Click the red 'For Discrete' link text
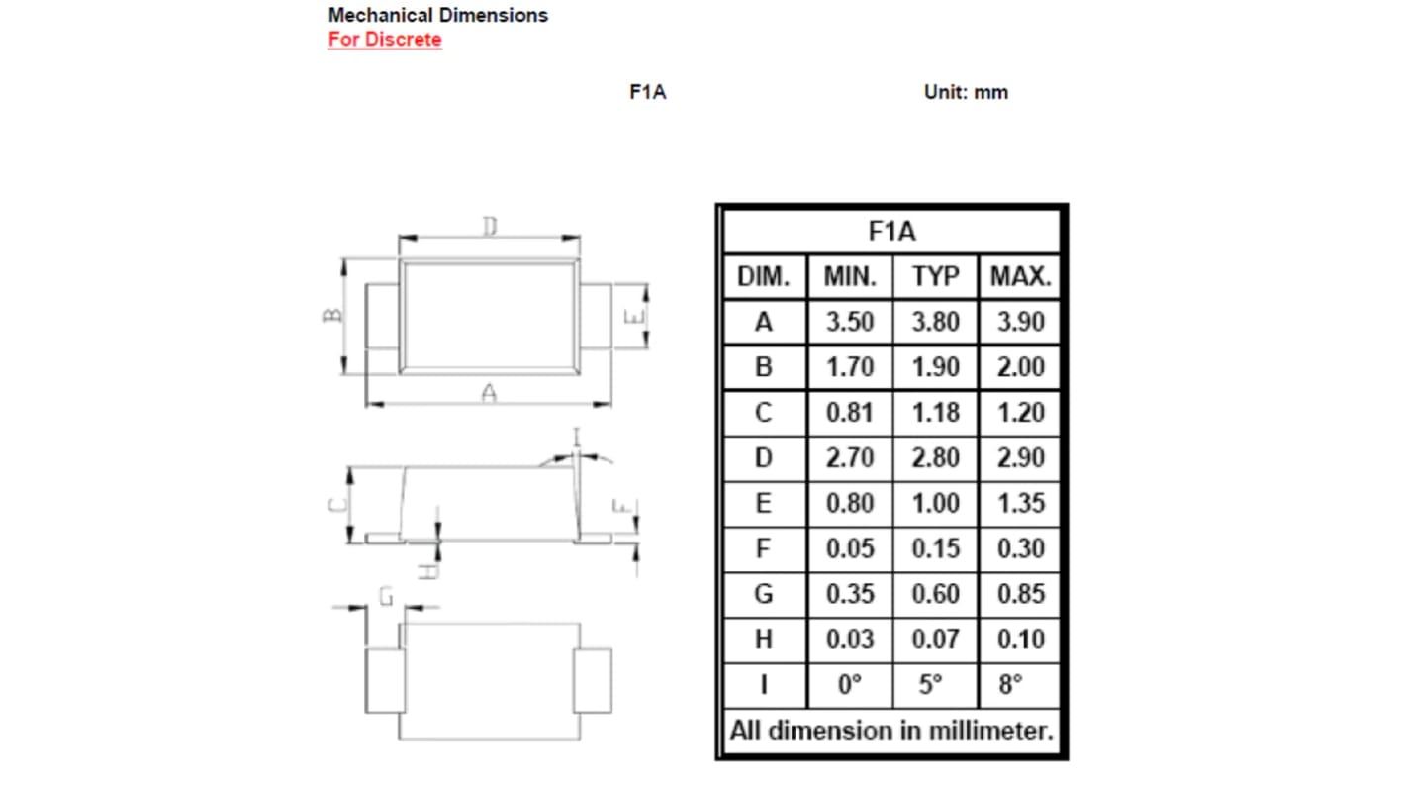385,40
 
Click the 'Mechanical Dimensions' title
437,15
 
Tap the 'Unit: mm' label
966,92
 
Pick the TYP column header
935,277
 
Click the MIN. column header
850,277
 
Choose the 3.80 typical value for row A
935,322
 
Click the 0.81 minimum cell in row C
850,412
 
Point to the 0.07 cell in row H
935,640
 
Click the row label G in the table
764,594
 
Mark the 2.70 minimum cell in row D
850,457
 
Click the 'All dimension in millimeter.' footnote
891,732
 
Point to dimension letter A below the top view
489,393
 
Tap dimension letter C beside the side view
336,504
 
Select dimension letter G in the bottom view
387,595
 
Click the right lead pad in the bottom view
593,681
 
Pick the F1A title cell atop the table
891,232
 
